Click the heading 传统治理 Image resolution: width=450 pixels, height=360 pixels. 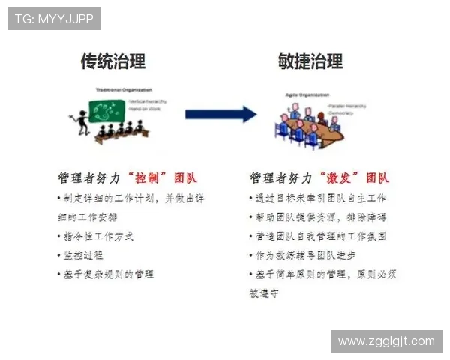tap(113, 61)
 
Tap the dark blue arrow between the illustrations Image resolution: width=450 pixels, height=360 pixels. tap(220, 114)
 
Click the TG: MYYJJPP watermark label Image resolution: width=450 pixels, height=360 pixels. tap(54, 18)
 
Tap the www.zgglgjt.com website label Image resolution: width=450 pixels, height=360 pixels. tap(386, 341)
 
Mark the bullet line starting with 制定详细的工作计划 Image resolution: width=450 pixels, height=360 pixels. tap(130, 199)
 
